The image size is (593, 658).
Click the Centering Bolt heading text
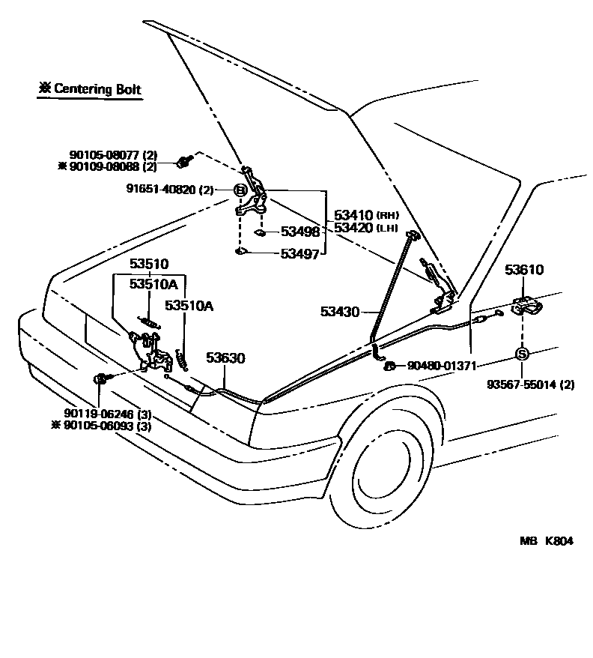click(90, 89)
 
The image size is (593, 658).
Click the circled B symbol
click(241, 190)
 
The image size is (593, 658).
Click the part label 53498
click(299, 232)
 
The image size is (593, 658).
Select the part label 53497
click(299, 254)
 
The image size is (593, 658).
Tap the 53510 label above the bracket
click(149, 265)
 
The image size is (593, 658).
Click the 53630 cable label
click(225, 359)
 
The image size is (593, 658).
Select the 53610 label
click(523, 270)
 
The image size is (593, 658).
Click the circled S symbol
click(523, 353)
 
